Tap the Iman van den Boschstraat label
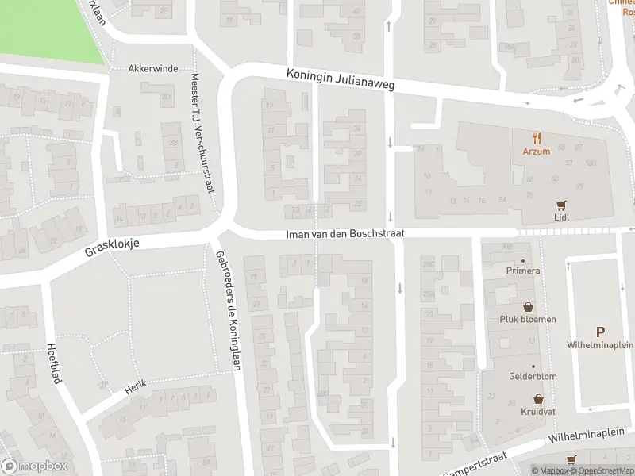346,234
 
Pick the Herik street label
136,386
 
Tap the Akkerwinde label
153,69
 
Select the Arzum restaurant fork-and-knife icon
537,136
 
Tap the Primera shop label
523,271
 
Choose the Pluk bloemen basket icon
528,306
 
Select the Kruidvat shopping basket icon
539,400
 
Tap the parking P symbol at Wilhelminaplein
600,332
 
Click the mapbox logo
35,466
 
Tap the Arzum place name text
537,151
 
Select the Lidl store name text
562,217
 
